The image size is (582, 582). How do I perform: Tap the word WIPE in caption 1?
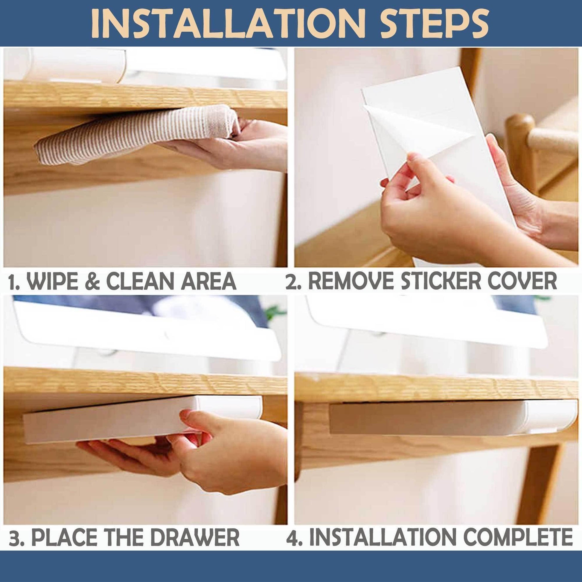(x=54, y=281)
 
